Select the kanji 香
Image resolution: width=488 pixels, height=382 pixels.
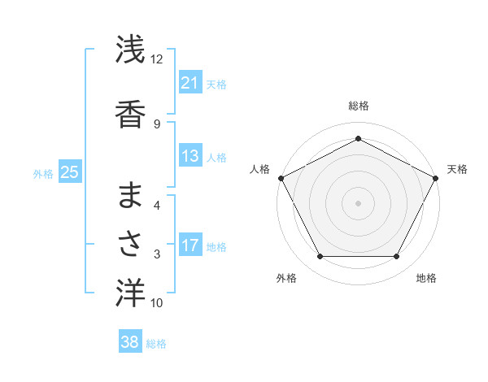(x=130, y=114)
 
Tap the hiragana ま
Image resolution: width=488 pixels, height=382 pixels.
(x=130, y=196)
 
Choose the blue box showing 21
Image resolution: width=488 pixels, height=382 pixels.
(x=190, y=83)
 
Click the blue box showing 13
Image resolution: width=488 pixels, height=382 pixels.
(x=190, y=156)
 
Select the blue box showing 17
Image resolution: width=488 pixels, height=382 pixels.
(x=190, y=245)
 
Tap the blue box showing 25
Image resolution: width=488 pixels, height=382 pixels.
(x=69, y=171)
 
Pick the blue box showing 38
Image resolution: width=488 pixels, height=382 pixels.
(x=129, y=342)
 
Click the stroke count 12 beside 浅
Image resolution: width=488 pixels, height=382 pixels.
(x=156, y=59)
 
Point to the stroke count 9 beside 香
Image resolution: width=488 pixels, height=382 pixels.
(x=157, y=124)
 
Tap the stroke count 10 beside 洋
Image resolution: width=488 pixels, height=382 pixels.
(x=157, y=303)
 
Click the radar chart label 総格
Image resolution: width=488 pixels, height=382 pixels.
(x=358, y=106)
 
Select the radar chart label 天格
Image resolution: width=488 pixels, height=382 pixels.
(x=457, y=169)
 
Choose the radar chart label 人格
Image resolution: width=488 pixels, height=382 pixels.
(x=259, y=169)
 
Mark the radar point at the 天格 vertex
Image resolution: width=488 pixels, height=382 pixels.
(x=437, y=177)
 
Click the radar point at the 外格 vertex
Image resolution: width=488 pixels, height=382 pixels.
(x=320, y=257)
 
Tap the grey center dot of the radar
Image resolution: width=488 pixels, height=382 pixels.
(x=358, y=203)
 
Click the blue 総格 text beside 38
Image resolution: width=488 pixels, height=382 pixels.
(x=156, y=344)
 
